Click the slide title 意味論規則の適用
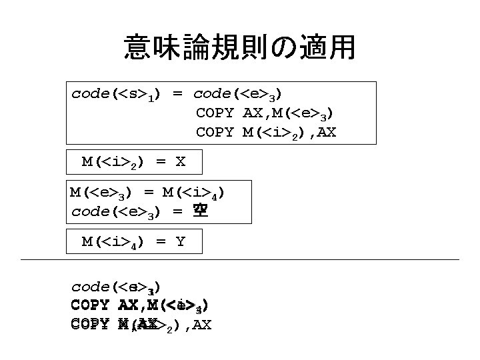tap(239, 48)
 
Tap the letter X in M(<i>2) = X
tap(179, 162)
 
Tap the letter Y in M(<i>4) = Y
tap(180, 242)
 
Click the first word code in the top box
tap(91, 94)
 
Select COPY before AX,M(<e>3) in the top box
tap(214, 113)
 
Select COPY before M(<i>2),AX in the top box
tap(214, 133)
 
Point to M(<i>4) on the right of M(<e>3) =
tap(193, 194)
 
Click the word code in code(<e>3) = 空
tap(90, 213)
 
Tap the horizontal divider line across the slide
tap(240, 259)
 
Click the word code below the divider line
tap(91, 287)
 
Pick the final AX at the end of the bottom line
tap(198, 326)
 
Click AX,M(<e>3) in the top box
tap(288, 114)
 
